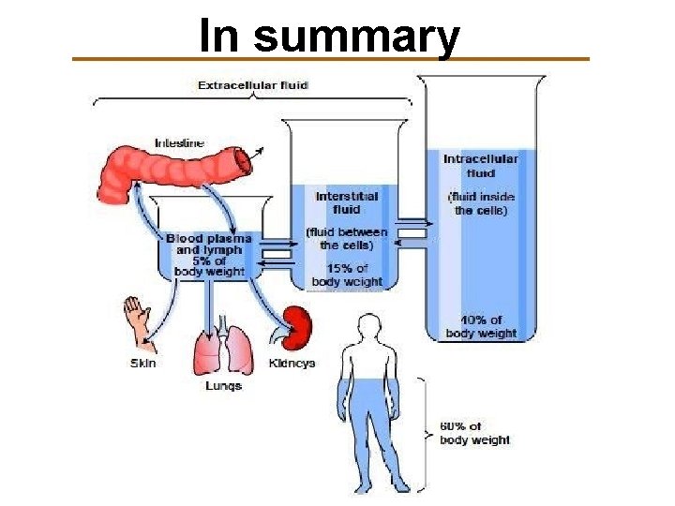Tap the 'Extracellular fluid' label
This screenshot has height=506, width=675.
coord(253,85)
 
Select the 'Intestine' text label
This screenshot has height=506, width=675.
coord(180,142)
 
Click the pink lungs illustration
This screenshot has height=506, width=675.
coord(224,347)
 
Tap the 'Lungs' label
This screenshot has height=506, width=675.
coord(224,385)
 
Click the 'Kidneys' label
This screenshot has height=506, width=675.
coord(292,363)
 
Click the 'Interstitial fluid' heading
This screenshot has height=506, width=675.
coord(347,202)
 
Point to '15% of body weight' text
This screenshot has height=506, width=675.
coord(347,275)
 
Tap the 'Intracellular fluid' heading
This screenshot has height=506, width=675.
coord(481,166)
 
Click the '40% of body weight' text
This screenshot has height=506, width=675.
coord(481,327)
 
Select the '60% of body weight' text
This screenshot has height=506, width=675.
coord(475,434)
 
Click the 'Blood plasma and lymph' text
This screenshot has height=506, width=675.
coord(209,244)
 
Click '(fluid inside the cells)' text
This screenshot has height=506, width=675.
coord(481,203)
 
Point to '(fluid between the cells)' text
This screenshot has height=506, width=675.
coord(347,239)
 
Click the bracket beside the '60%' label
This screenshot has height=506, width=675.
coord(423,433)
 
